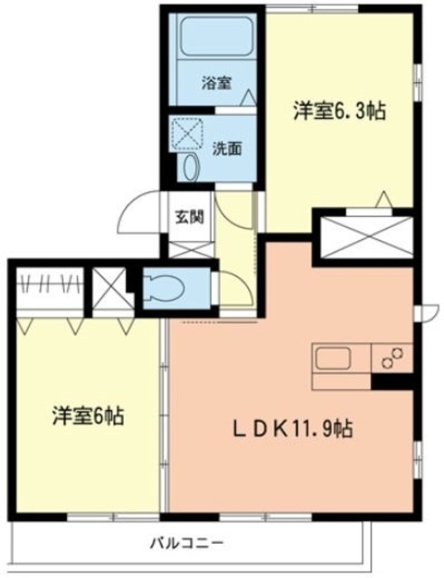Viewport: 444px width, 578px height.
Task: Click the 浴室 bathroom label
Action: click(216, 83)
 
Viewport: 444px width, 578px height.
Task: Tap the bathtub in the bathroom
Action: click(217, 35)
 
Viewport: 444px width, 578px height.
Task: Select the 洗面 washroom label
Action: click(227, 148)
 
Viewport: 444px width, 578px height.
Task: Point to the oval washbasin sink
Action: click(191, 167)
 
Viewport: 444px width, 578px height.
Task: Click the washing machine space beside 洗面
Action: click(187, 134)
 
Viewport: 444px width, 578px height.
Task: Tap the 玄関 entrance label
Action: click(189, 217)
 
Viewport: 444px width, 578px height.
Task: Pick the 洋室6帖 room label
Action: click(88, 415)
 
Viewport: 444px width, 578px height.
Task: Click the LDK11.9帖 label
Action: click(292, 429)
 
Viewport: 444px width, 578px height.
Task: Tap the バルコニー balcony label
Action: click(187, 543)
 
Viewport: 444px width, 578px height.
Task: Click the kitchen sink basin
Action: click(332, 359)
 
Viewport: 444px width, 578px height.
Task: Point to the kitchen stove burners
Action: click(392, 358)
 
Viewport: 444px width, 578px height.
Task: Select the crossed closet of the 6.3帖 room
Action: click(365, 238)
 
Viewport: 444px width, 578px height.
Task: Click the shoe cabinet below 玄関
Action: click(191, 249)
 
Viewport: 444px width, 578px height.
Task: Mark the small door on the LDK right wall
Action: click(427, 312)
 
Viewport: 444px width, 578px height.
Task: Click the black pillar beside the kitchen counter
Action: click(392, 381)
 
